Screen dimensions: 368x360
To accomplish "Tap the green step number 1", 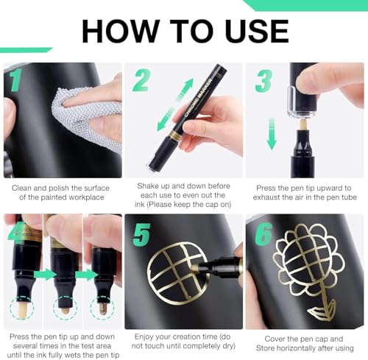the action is (15, 80).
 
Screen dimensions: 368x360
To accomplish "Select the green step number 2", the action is (141, 80).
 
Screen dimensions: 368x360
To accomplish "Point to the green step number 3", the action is (263, 81).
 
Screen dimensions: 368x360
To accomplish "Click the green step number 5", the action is (141, 235).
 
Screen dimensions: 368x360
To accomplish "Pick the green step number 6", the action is (263, 235).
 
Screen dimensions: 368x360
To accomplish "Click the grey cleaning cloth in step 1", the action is (88, 117).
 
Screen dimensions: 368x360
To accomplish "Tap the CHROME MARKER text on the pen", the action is (198, 98).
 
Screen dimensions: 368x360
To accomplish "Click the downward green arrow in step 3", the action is (271, 134).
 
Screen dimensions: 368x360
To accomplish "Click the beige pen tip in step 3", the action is (303, 124).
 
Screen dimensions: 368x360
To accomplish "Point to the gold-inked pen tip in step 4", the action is (102, 308).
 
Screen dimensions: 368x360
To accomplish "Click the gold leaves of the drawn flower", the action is (322, 310).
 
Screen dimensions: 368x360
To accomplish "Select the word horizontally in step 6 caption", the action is (298, 348).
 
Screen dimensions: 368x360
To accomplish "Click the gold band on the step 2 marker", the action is (175, 134).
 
